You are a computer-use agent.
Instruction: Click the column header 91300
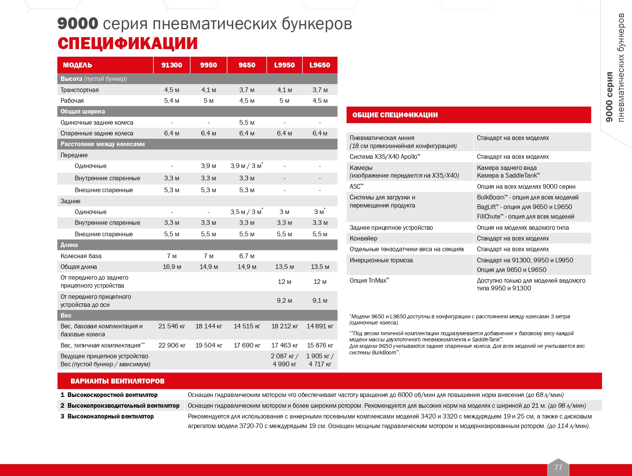171,65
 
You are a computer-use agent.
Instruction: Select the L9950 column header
284,65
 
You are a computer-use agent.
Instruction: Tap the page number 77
558,467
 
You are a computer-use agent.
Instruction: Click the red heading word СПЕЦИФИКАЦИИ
127,43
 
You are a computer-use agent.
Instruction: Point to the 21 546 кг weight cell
171,326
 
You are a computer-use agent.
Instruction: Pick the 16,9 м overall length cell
171,267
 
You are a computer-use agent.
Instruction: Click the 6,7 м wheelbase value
247,256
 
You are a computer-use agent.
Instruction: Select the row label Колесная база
81,256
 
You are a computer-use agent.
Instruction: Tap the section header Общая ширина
82,111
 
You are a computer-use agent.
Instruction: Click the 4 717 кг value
320,364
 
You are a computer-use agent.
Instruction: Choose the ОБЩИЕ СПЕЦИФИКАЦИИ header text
395,115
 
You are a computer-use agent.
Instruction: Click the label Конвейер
363,238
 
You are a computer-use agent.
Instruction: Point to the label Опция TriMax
369,280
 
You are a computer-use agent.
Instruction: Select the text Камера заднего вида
507,168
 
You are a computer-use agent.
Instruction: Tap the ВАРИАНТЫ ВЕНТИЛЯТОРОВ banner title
117,381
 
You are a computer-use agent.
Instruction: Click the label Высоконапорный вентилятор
110,416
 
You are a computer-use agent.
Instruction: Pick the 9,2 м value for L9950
284,300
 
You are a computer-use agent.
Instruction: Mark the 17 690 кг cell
247,345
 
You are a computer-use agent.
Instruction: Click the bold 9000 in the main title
77,24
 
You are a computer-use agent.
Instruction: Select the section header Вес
66,315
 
